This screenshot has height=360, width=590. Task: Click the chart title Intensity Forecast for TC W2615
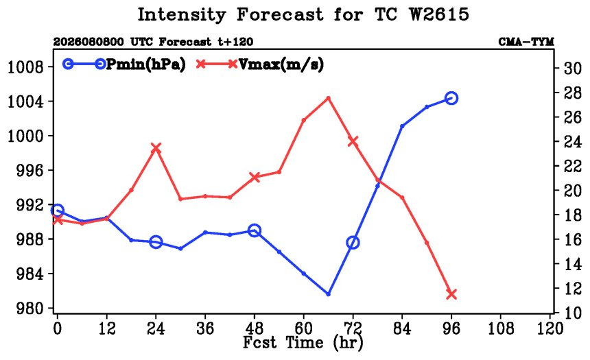pyautogui.click(x=303, y=14)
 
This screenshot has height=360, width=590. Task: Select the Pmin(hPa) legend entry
pyautogui.click(x=124, y=64)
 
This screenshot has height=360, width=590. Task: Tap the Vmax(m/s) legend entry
pyautogui.click(x=260, y=64)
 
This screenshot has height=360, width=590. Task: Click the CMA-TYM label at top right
pyautogui.click(x=526, y=41)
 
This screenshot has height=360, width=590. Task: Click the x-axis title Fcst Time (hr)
pyautogui.click(x=303, y=343)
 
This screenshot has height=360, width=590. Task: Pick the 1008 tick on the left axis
pyautogui.click(x=25, y=67)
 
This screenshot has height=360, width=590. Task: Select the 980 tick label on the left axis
pyautogui.click(x=30, y=309)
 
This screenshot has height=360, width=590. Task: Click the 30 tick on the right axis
pyautogui.click(x=572, y=68)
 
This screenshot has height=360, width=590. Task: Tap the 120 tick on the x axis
pyautogui.click(x=550, y=328)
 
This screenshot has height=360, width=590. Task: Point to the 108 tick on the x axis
pyautogui.click(x=501, y=328)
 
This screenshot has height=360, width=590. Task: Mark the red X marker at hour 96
pyautogui.click(x=451, y=294)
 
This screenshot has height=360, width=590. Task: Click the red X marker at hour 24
pyautogui.click(x=156, y=148)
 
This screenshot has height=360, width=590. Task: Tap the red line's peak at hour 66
pyautogui.click(x=328, y=98)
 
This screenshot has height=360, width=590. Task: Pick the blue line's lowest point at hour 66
pyautogui.click(x=328, y=294)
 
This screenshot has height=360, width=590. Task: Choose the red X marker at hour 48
pyautogui.click(x=255, y=177)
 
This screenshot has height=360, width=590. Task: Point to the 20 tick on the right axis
pyautogui.click(x=572, y=191)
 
